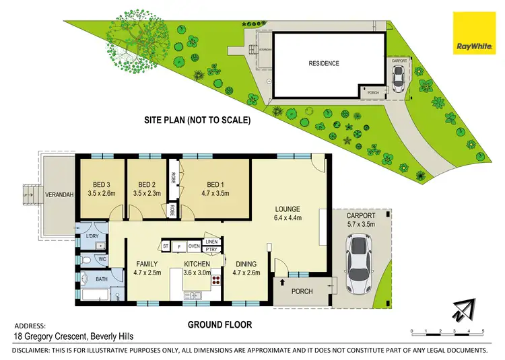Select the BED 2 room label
coord(147,189)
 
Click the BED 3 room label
coord(102,189)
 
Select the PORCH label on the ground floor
coord(301,291)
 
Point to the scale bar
coord(447,330)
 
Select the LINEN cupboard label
coord(211,242)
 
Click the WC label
coord(102,258)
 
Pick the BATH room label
coord(101,279)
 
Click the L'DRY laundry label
coord(92,238)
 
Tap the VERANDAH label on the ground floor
coord(60,195)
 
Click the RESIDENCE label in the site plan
coord(324,64)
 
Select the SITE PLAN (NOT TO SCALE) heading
coord(197,121)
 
